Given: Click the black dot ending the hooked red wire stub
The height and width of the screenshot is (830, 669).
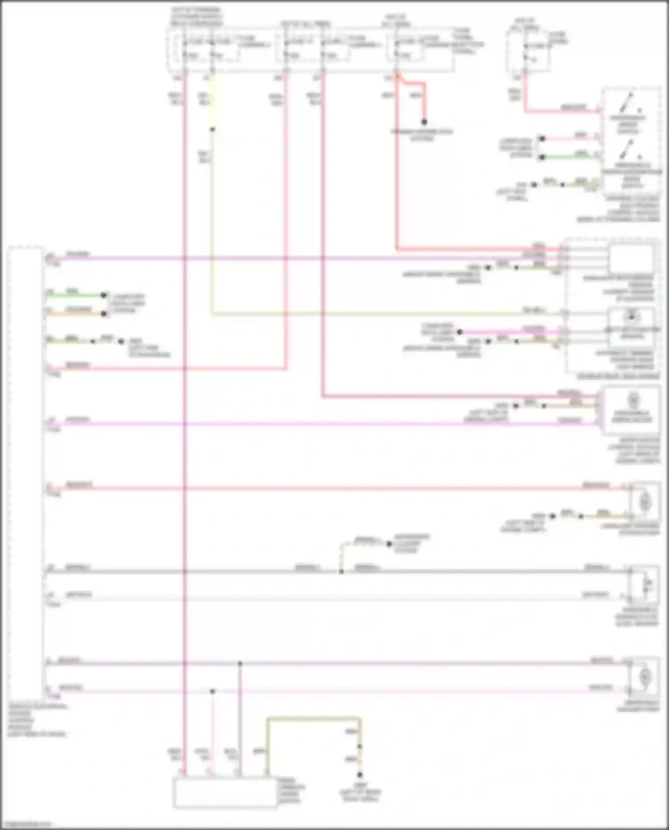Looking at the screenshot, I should pyautogui.click(x=424, y=122).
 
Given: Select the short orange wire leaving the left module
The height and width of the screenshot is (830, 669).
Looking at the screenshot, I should pyautogui.click(x=76, y=314).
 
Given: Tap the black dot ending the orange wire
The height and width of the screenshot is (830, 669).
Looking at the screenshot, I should pyautogui.click(x=104, y=314).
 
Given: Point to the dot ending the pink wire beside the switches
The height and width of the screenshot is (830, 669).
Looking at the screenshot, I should pyautogui.click(x=542, y=139).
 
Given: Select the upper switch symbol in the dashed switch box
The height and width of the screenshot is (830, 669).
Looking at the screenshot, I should pyautogui.click(x=630, y=103).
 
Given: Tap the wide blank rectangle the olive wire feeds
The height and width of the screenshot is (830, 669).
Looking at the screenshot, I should pyautogui.click(x=225, y=793).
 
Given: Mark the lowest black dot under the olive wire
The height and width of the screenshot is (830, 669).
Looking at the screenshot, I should pyautogui.click(x=359, y=775).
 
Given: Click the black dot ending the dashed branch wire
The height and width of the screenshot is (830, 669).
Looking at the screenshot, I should pyautogui.click(x=389, y=544).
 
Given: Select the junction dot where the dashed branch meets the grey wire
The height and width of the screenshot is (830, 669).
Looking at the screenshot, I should pyautogui.click(x=341, y=571).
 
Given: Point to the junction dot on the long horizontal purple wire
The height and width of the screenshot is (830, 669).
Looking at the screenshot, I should pyautogui.click(x=240, y=664).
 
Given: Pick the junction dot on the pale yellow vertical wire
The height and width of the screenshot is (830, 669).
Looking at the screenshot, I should pyautogui.click(x=212, y=130).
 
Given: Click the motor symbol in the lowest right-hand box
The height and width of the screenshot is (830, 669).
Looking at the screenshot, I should pyautogui.click(x=644, y=677).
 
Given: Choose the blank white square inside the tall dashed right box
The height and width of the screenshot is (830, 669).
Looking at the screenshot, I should pyautogui.click(x=631, y=259).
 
